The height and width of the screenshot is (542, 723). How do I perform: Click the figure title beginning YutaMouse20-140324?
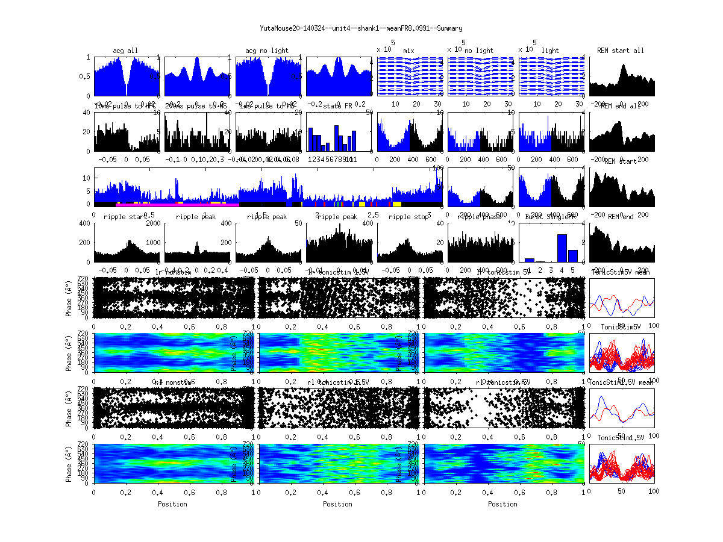coord(361,28)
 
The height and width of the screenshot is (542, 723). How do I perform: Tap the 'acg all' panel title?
coord(125,51)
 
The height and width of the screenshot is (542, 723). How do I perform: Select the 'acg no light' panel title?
coord(267,51)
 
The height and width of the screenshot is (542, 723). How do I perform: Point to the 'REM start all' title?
coord(621,51)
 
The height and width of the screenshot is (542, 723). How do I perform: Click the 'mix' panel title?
coord(409,51)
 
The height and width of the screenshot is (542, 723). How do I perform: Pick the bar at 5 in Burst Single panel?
coord(573,255)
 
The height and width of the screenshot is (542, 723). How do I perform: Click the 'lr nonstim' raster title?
coord(174,272)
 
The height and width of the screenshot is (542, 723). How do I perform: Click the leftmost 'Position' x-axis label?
coord(172,503)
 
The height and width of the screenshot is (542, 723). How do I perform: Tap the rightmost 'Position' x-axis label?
coord(502,503)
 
